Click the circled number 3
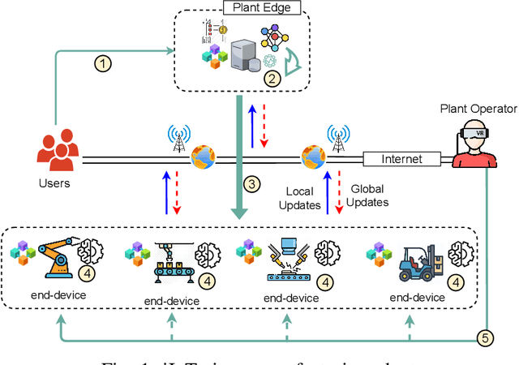(x=253, y=184)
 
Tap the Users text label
(x=55, y=183)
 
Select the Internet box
(x=402, y=159)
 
